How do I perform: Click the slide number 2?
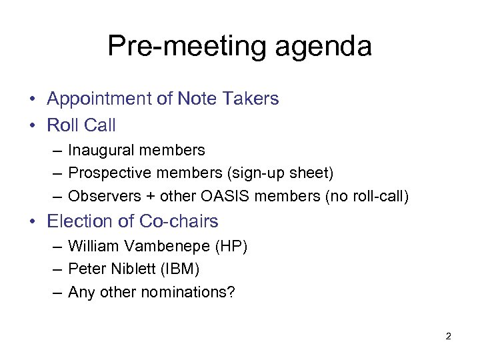(x=448, y=337)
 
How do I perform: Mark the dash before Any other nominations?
(x=57, y=293)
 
